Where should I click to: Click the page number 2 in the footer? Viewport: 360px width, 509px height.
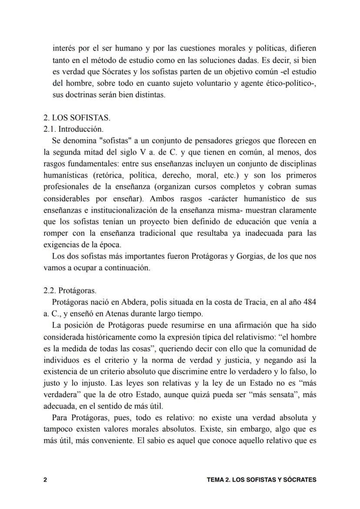click(45, 480)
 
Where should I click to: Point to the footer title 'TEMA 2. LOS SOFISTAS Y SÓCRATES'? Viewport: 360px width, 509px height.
click(261, 480)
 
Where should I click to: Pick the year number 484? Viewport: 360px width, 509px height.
click(308, 302)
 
